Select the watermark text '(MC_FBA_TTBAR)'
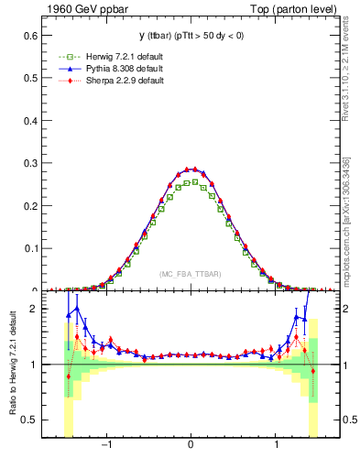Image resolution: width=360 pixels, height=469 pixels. click(190, 274)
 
